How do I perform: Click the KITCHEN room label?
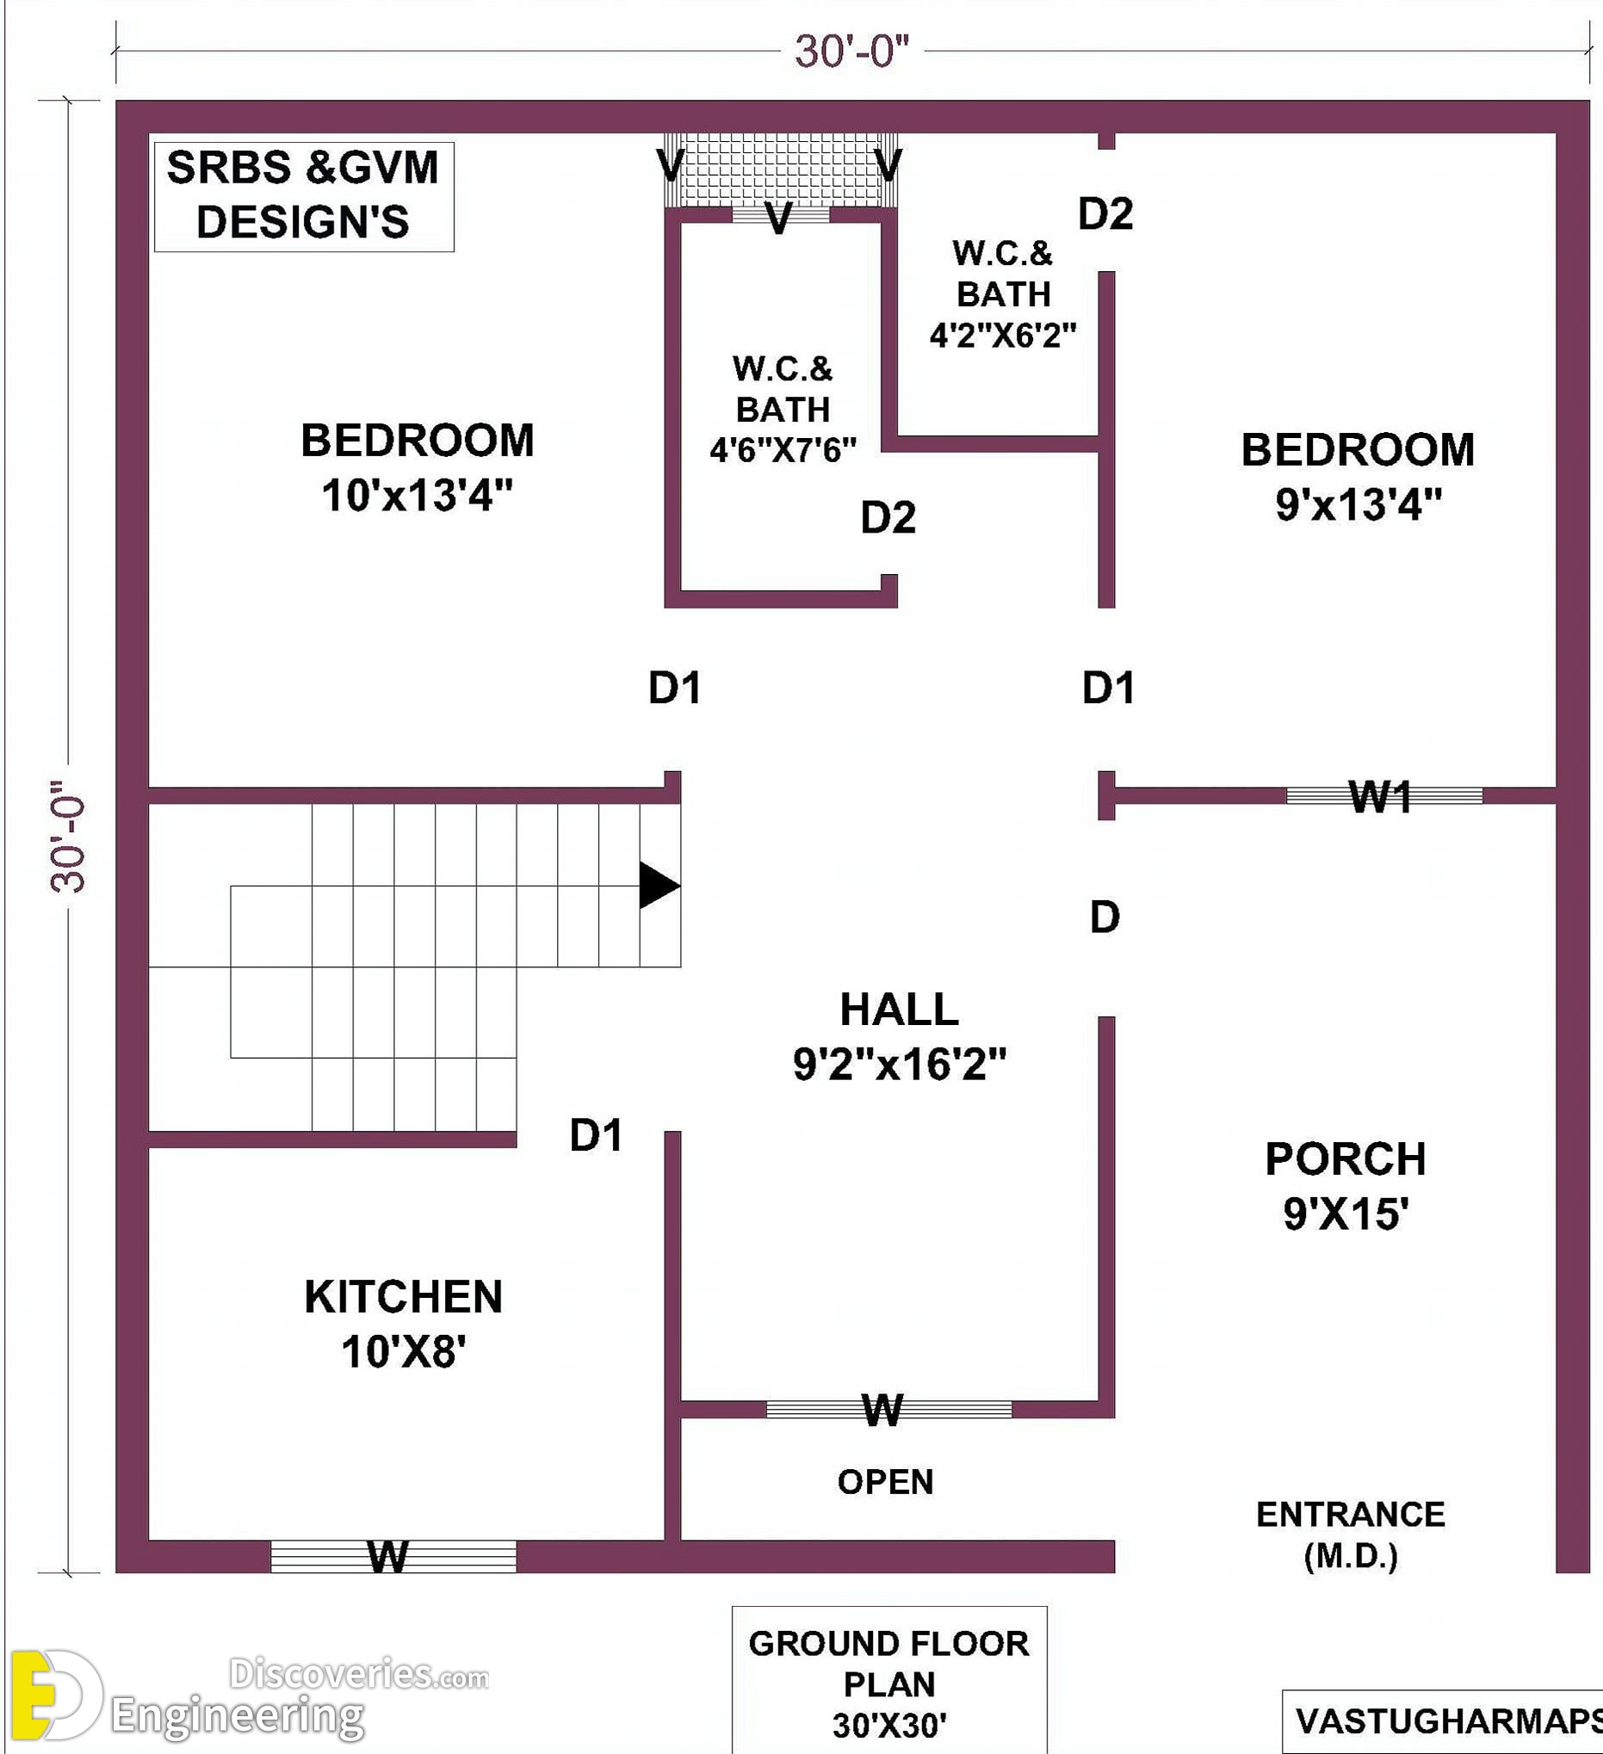(x=403, y=1296)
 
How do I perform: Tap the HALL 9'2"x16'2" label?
(x=899, y=1036)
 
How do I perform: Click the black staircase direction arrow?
(x=659, y=885)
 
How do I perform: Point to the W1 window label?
(x=1380, y=796)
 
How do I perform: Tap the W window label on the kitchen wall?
(x=388, y=1557)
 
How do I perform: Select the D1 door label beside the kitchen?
(x=596, y=1135)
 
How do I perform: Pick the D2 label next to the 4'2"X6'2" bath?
(x=1105, y=213)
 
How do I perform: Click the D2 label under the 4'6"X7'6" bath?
(x=888, y=517)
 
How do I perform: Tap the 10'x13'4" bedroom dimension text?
(x=417, y=496)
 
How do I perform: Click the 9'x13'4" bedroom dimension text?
(x=1359, y=503)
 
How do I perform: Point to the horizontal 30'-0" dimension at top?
(x=852, y=52)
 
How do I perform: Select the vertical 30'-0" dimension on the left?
(x=69, y=836)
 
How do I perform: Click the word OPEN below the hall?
(x=885, y=1482)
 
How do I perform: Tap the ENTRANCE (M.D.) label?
(x=1351, y=1535)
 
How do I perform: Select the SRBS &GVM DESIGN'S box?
(x=304, y=196)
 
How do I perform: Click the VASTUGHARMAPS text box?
(x=1443, y=1721)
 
